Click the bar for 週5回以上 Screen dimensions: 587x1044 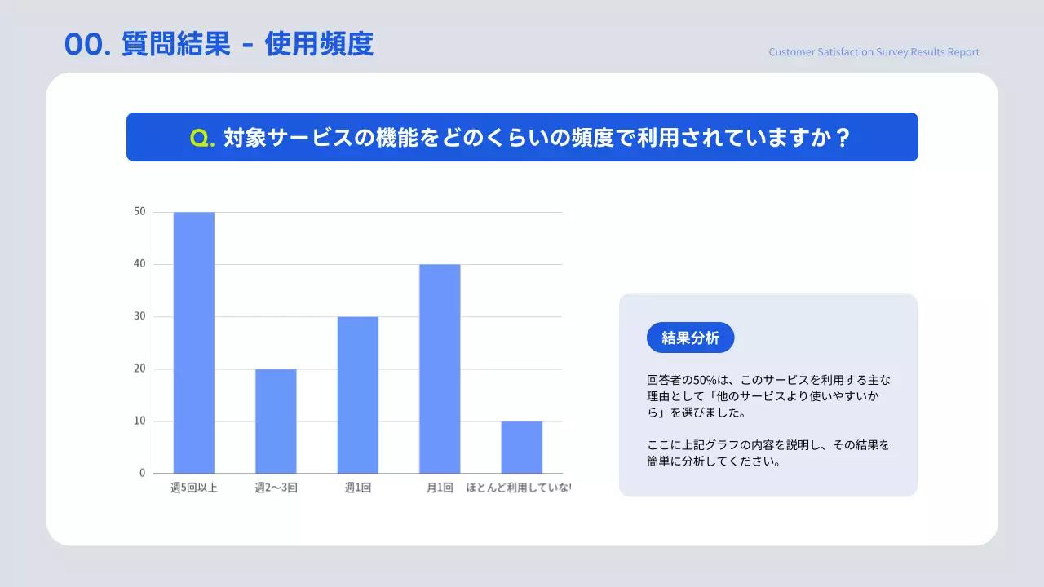point(194,342)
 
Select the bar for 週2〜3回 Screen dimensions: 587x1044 point(276,421)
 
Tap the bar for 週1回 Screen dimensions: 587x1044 point(358,395)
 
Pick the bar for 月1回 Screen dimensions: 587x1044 point(440,369)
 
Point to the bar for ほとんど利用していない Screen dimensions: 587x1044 point(522,447)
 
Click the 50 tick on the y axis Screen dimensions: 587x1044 point(139,212)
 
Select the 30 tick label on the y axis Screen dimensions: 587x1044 point(139,316)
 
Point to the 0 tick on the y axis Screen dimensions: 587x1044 point(142,473)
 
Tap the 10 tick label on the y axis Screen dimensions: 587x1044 point(139,421)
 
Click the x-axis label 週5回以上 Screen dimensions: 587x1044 point(194,488)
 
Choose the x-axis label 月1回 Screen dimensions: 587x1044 point(440,488)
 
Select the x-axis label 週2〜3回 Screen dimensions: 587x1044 point(276,488)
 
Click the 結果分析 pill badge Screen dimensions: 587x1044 point(690,338)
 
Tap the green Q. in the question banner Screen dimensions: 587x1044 point(202,138)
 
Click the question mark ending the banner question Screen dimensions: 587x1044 point(843,137)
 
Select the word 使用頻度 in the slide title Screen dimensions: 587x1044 point(319,44)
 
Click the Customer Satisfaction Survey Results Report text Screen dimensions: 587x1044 point(874,52)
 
